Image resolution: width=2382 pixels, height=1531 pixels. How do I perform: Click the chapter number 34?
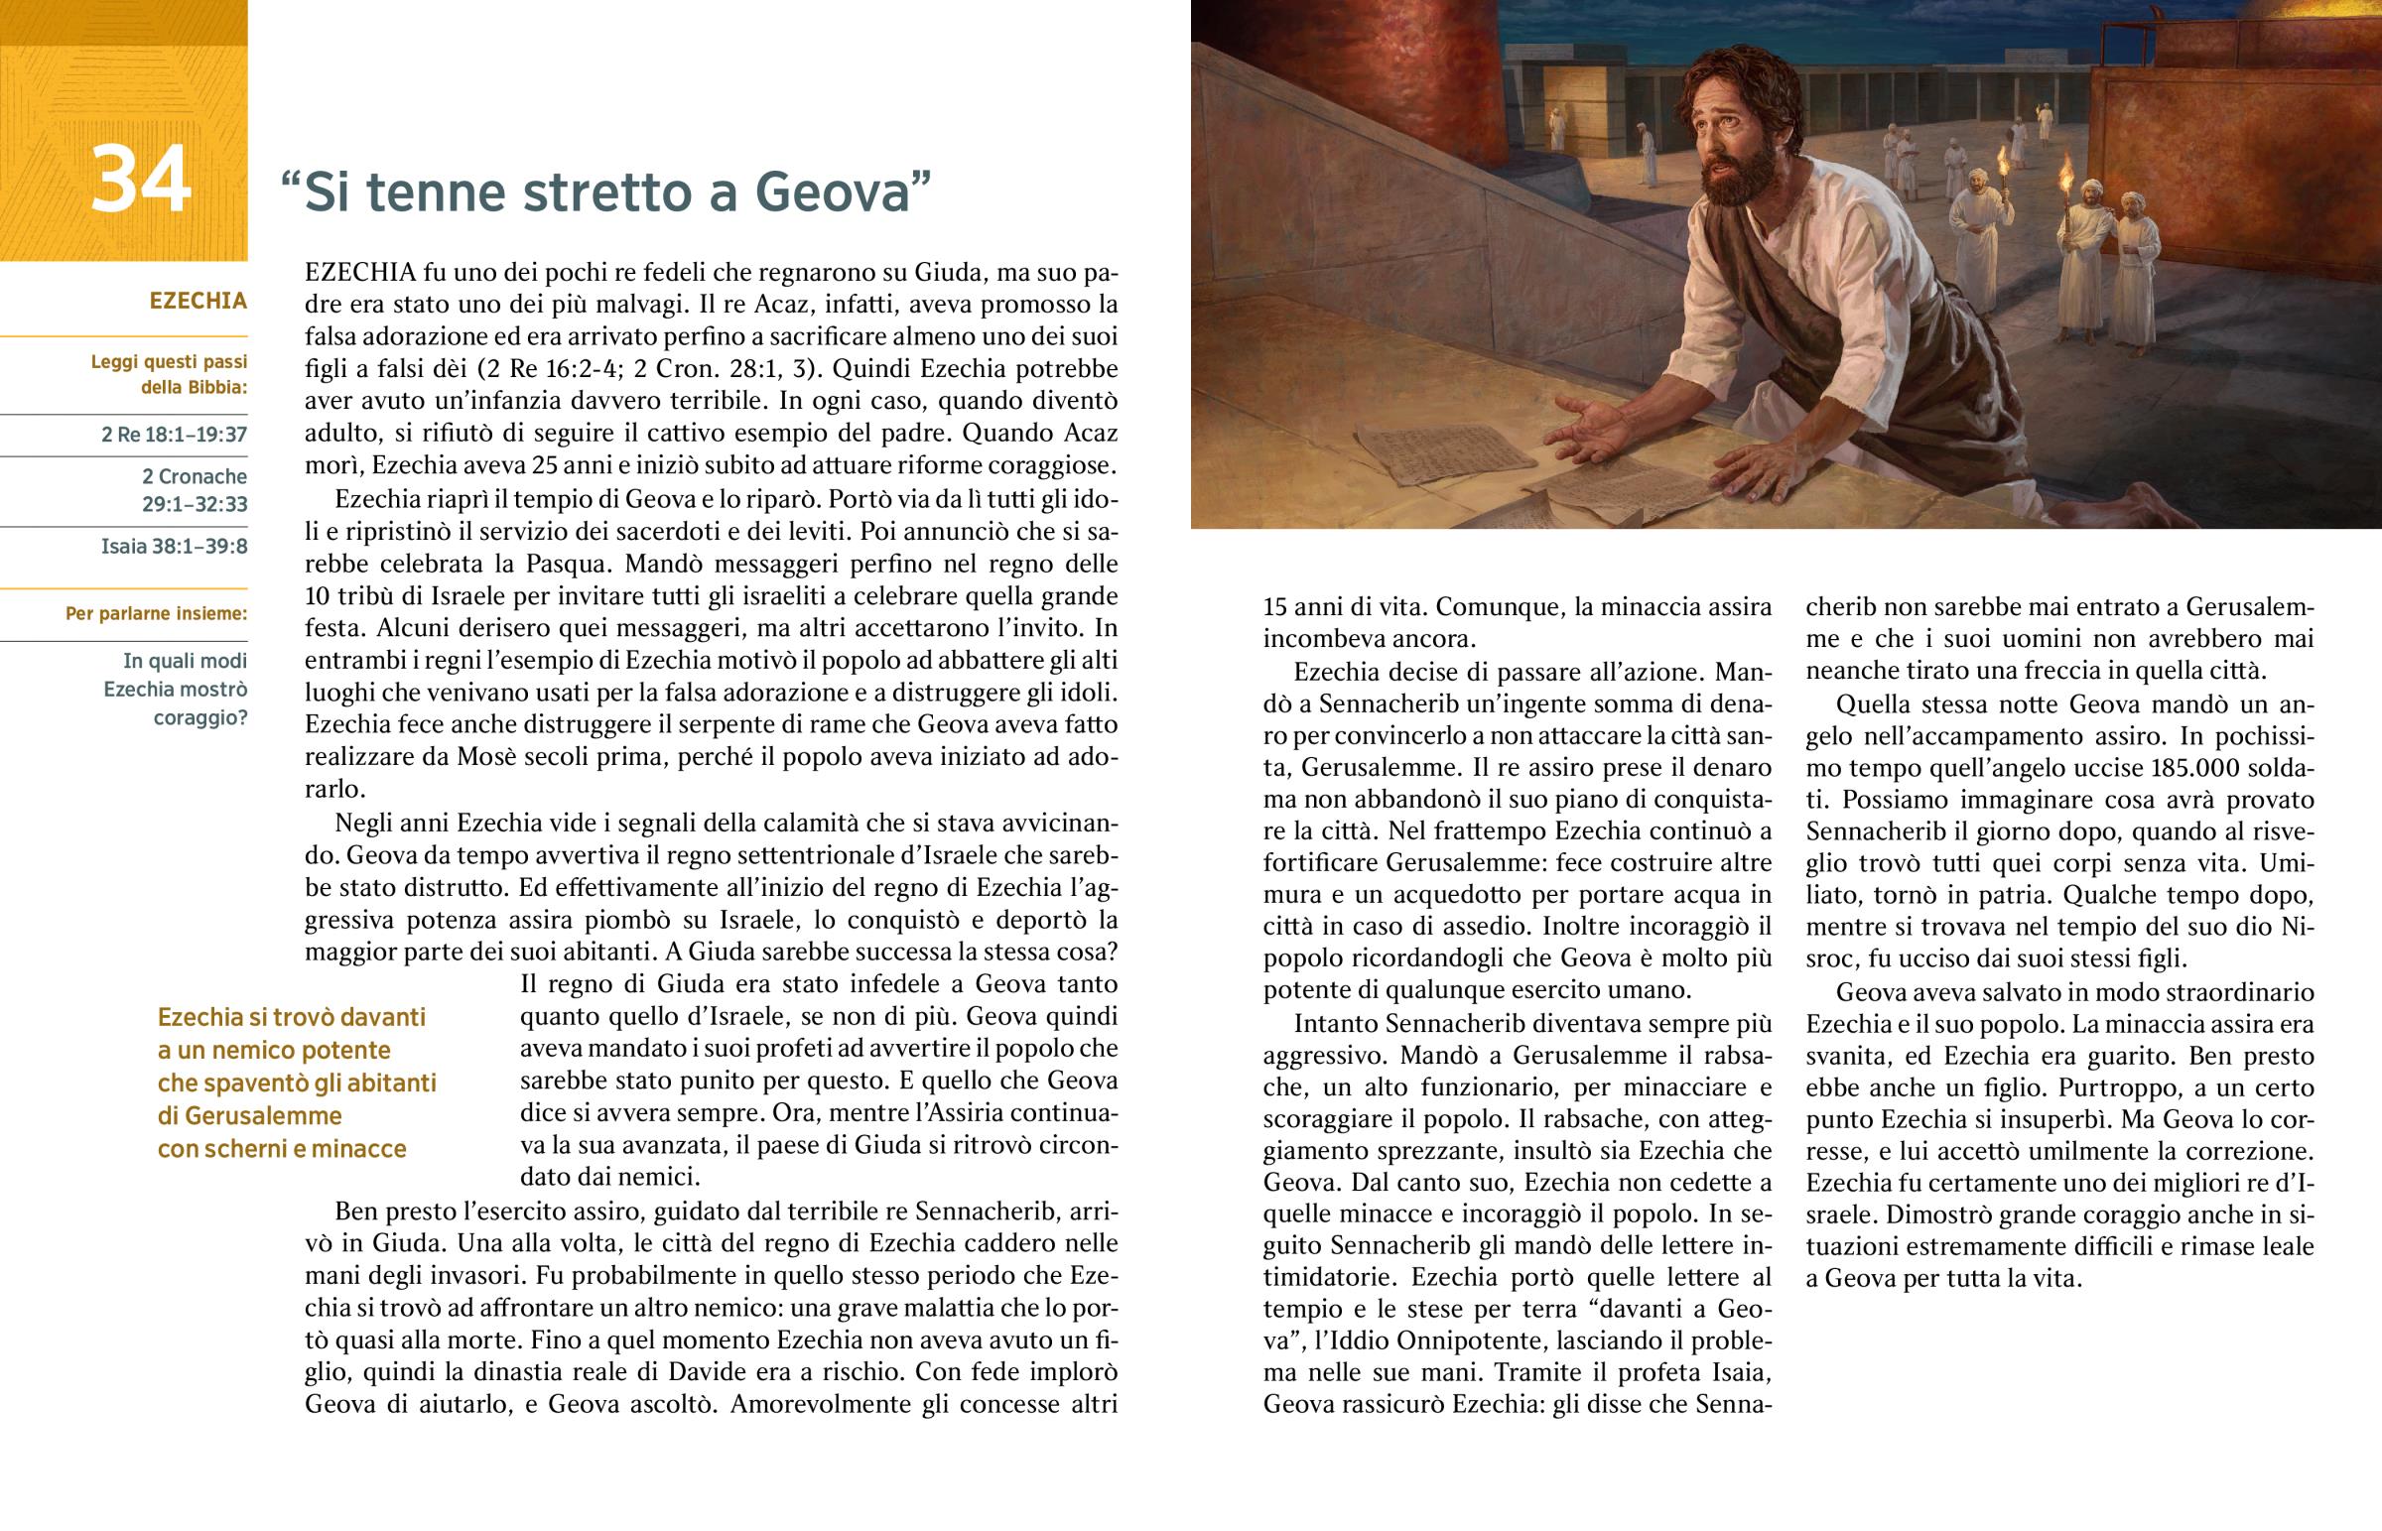(x=140, y=181)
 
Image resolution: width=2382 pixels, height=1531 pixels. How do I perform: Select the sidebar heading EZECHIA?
(x=198, y=302)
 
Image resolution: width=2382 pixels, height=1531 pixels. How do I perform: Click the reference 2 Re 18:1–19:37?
(x=174, y=435)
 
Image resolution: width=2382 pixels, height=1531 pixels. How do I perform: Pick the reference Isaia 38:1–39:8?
(x=174, y=547)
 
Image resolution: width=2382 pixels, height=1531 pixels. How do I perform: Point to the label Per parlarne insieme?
(x=156, y=613)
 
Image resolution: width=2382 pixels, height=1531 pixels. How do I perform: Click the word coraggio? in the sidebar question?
(x=199, y=717)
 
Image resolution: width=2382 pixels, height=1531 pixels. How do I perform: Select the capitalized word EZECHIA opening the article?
(x=360, y=273)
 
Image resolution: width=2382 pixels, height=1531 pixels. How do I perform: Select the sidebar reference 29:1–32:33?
(x=194, y=504)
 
